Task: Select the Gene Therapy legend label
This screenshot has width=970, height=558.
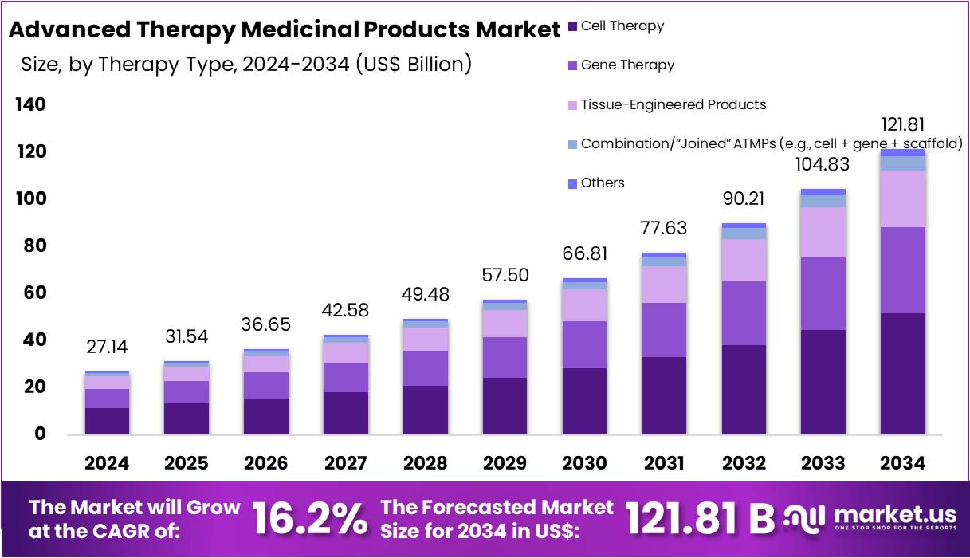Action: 627,65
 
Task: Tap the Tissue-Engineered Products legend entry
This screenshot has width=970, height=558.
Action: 673,104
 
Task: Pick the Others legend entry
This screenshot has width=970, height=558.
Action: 603,183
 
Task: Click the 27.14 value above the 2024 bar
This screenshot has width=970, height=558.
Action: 107,348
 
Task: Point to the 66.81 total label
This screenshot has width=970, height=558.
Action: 584,254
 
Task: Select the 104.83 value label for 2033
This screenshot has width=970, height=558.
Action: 823,164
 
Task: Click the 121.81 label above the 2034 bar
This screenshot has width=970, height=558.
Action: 903,124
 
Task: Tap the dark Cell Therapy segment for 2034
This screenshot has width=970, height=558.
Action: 903,373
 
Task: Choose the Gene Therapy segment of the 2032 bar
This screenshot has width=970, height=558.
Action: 744,313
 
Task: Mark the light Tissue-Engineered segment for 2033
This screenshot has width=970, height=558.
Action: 823,232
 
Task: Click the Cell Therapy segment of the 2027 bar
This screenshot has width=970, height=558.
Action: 346,413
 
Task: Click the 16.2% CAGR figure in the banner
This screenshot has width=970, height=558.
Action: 311,518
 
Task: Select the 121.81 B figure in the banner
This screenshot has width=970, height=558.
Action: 700,518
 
